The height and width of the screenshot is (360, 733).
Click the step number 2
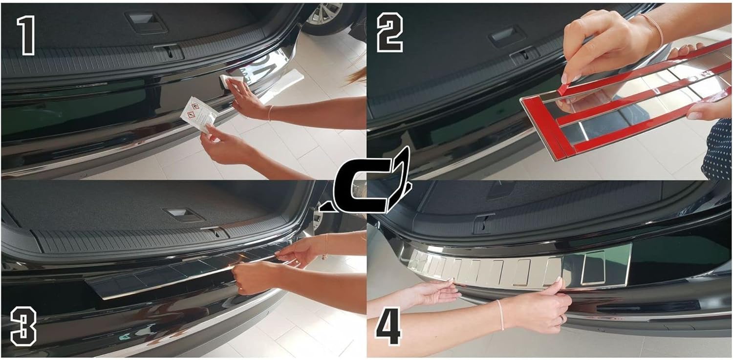(390, 32)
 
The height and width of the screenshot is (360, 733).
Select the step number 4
(388, 326)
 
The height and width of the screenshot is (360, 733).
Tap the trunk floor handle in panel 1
(144, 22)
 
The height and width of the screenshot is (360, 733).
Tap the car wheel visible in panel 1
(324, 16)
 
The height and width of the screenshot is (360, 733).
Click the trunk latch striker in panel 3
(215, 233)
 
